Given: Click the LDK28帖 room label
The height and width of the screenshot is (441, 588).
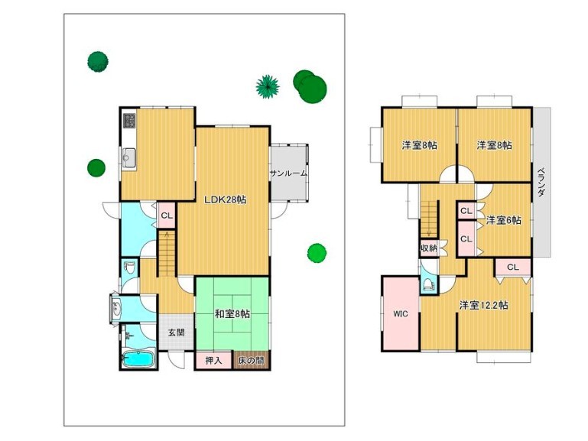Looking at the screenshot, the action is click(225, 199).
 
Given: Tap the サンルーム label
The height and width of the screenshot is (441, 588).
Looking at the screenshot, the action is click(288, 173).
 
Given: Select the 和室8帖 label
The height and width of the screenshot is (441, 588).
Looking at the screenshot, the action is click(232, 313).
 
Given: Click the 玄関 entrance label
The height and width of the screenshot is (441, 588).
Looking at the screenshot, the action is click(176, 332).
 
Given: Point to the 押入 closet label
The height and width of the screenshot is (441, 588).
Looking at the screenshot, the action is click(213, 361).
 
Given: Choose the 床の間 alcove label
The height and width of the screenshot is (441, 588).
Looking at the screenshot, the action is click(251, 361).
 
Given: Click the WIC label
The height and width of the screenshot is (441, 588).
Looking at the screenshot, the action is click(401, 314).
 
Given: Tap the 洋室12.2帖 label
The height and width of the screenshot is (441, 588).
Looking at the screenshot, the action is click(484, 306).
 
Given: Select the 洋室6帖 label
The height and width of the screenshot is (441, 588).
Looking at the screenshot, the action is click(504, 220).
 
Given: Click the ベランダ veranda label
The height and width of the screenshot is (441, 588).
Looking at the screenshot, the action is click(541, 182).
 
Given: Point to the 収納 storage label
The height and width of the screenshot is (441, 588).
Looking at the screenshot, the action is click(429, 248).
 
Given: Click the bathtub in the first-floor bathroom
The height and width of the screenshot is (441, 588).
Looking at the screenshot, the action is click(138, 359).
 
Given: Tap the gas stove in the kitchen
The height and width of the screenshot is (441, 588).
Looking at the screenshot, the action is click(130, 121).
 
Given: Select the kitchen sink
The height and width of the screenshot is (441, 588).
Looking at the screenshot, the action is click(129, 158).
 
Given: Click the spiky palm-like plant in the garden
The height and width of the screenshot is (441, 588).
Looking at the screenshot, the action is click(268, 86).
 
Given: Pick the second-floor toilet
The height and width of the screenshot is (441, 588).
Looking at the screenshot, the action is click(428, 285).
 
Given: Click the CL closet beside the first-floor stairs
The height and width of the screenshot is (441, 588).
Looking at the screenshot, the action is click(167, 216).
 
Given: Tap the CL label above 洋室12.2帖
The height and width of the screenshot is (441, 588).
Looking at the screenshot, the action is click(512, 268).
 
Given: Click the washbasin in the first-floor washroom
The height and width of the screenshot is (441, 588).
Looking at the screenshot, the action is click(117, 309).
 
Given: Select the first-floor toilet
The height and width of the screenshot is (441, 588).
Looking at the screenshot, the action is click(129, 268).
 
